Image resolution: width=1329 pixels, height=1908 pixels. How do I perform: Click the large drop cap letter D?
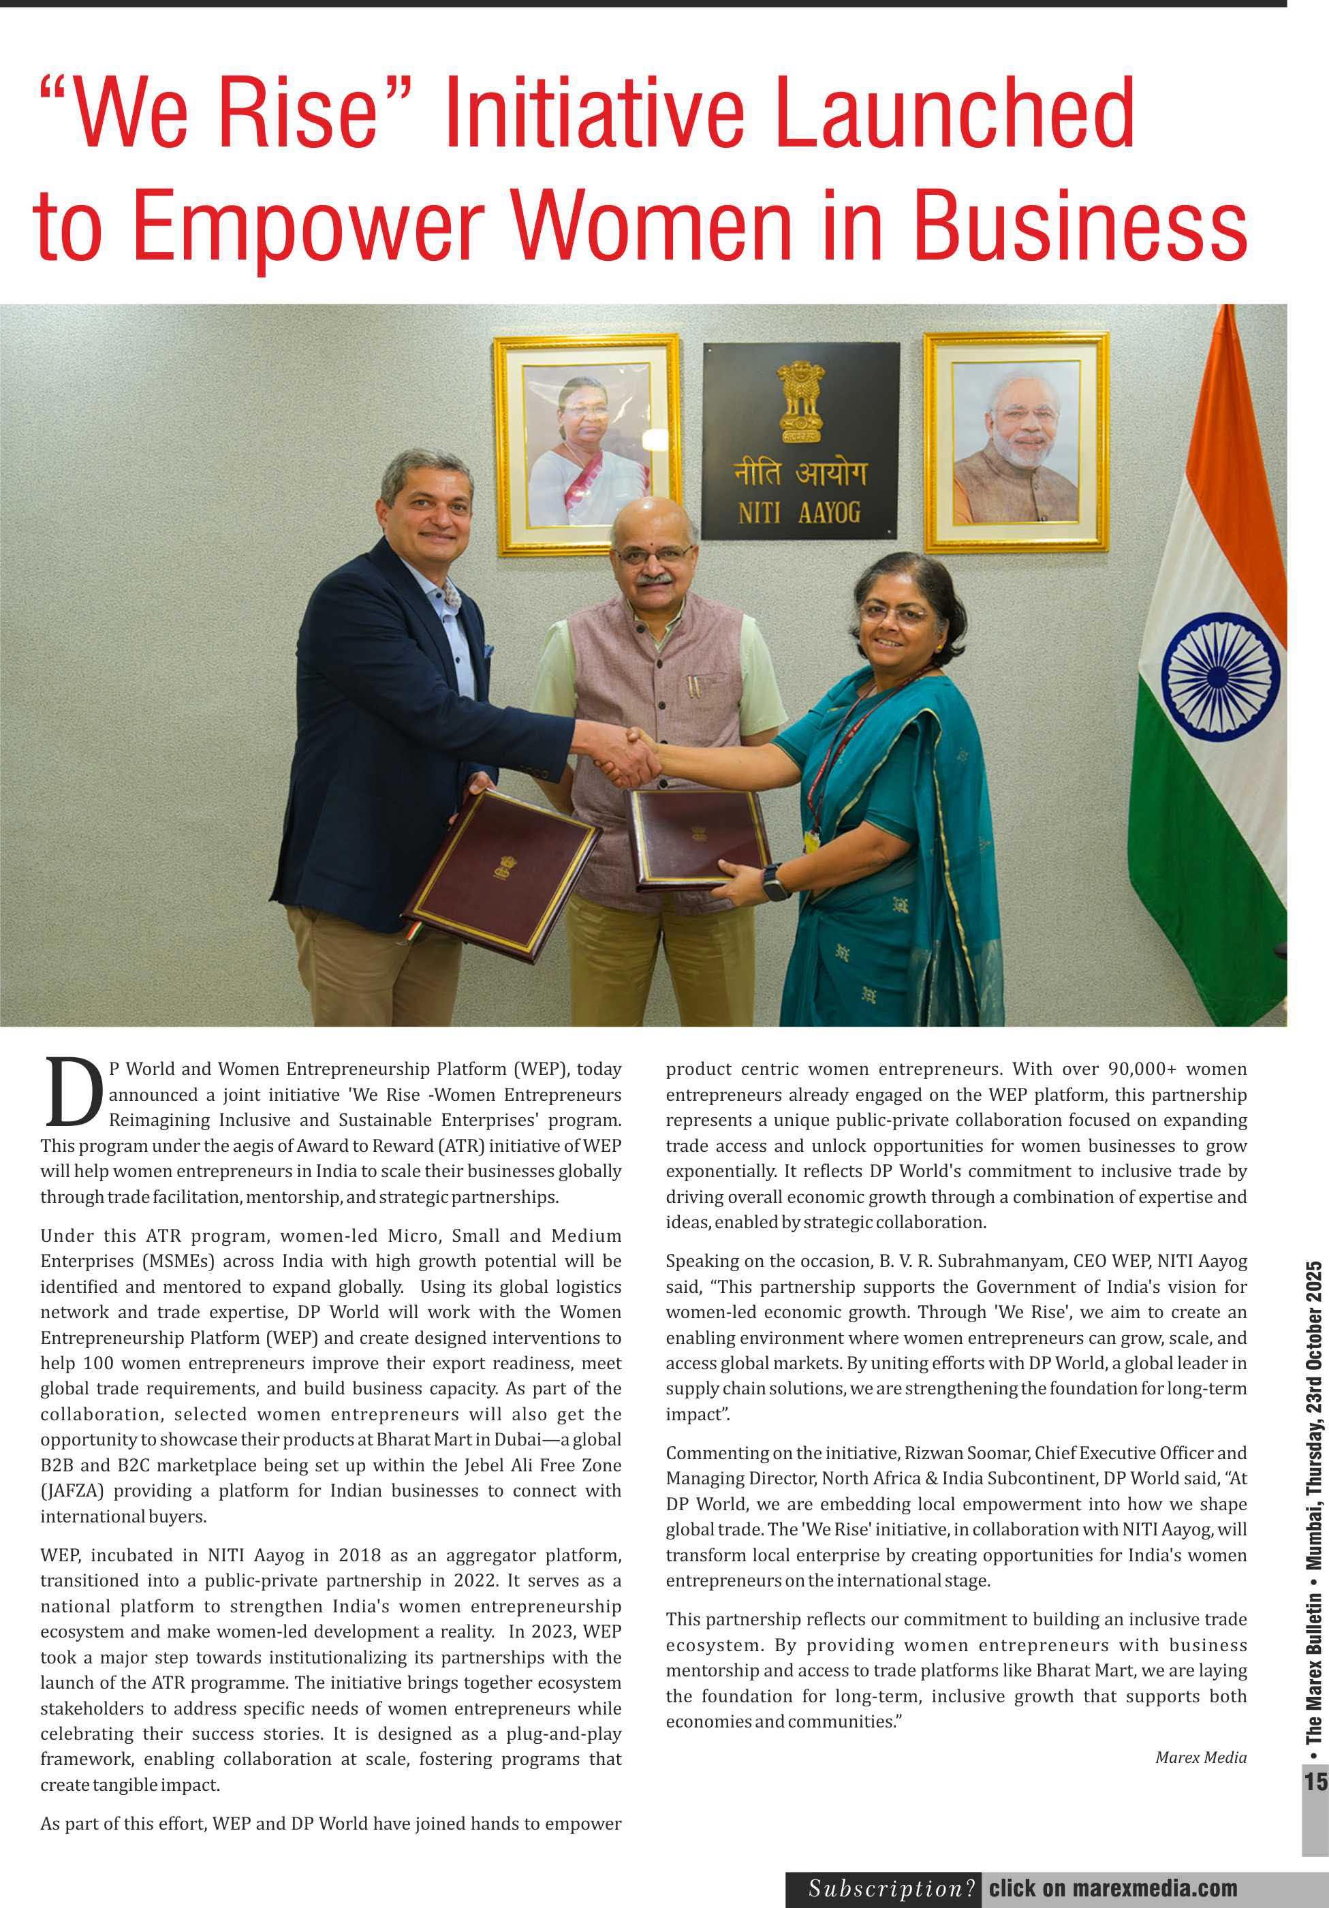(72, 1093)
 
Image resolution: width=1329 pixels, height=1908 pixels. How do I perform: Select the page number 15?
(1315, 1782)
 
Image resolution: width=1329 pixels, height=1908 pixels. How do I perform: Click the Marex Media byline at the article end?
(1200, 1757)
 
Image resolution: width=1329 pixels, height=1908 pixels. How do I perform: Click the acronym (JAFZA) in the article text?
(72, 1491)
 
